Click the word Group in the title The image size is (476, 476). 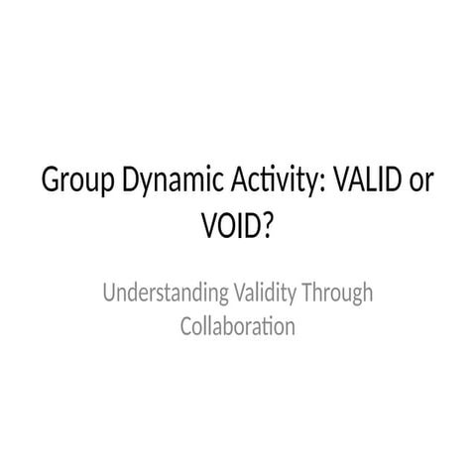tap(78, 181)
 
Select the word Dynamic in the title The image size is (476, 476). tap(173, 181)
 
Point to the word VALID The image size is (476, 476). tap(368, 179)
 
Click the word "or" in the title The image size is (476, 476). tap(421, 183)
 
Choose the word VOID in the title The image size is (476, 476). tap(232, 226)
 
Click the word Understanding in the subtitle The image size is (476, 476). tap(166, 294)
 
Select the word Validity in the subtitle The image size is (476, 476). tap(265, 294)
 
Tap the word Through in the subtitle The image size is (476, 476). tap(337, 294)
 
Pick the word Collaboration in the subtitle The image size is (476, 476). tap(238, 326)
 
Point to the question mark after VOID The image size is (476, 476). tap(268, 226)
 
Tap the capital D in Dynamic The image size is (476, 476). tap(131, 179)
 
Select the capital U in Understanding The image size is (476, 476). tap(109, 293)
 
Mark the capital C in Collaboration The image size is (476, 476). tap(185, 326)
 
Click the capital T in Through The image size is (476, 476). tap(307, 293)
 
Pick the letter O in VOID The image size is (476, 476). tap(227, 226)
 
